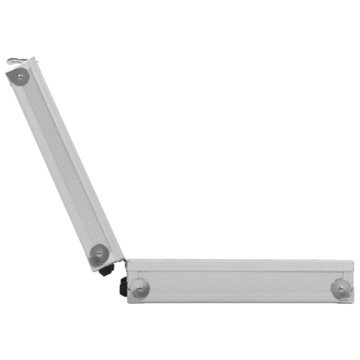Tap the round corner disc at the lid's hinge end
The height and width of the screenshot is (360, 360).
[x=99, y=253]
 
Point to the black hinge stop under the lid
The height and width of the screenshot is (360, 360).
[x=107, y=271]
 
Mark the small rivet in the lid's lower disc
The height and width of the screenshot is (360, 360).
[x=99, y=253]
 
